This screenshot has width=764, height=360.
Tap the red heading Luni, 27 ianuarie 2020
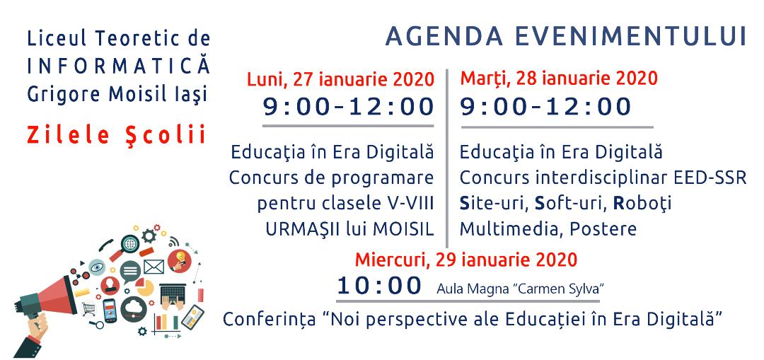click(340, 79)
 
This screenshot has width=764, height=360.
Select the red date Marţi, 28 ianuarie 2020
click(559, 78)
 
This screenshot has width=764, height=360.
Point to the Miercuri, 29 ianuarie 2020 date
click(465, 259)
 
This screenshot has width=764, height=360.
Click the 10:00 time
click(379, 286)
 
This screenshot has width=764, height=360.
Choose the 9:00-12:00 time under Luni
click(348, 107)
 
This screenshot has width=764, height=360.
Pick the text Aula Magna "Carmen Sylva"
click(521, 289)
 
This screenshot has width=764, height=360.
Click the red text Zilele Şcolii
click(117, 135)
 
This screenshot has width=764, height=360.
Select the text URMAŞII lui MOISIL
click(349, 229)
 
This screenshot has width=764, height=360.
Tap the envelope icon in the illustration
click(154, 267)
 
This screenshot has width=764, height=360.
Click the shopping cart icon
click(88, 309)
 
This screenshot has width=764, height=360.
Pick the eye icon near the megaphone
click(96, 267)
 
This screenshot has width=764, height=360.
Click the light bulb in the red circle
click(179, 260)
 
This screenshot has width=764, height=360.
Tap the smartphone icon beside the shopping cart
click(110, 310)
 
